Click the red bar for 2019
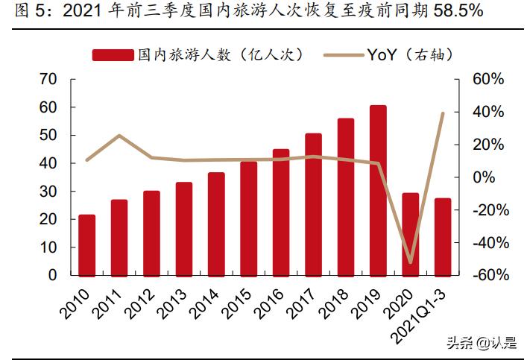pos(378,190)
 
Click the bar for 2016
pos(281,212)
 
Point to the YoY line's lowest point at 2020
pos(411,262)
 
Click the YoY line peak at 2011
pos(119,136)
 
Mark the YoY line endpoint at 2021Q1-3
pos(443,113)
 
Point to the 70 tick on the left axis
pos(48,79)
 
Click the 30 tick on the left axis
pos(48,192)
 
